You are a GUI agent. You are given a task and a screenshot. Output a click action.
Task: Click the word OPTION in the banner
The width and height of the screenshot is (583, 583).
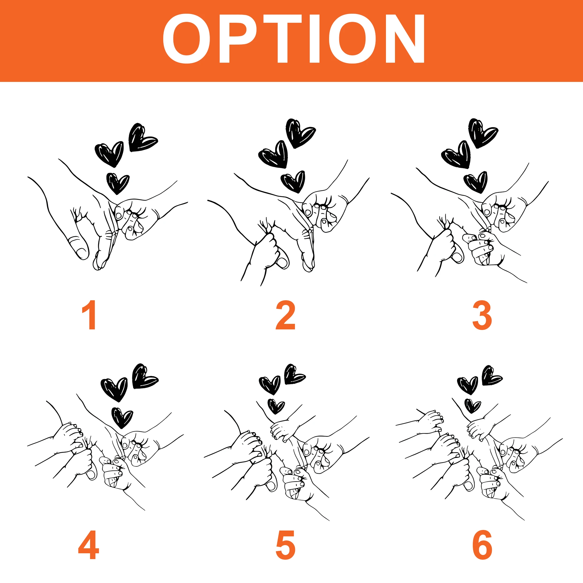click(294, 39)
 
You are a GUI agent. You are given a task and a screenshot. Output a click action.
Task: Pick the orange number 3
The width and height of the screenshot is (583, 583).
click(482, 315)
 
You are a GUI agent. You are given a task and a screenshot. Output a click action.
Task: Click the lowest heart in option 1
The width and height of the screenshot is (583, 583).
click(118, 183)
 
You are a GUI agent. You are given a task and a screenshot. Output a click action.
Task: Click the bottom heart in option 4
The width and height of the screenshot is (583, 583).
click(122, 418)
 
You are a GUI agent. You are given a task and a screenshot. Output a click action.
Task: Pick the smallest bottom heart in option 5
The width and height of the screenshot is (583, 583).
click(276, 406)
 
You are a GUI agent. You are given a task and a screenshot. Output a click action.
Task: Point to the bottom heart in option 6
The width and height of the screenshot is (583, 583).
click(472, 405)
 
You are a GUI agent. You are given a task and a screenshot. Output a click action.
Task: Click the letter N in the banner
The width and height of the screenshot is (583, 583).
click(405, 39)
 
